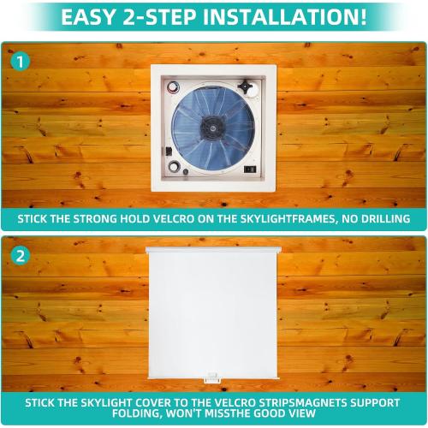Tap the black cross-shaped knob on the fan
pyautogui.click(x=248, y=87)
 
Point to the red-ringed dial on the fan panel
pyautogui.click(x=174, y=88)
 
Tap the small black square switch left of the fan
pyautogui.click(x=169, y=152)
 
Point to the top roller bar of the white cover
pyautogui.click(x=213, y=249)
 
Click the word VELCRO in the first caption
pyautogui.click(x=179, y=219)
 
